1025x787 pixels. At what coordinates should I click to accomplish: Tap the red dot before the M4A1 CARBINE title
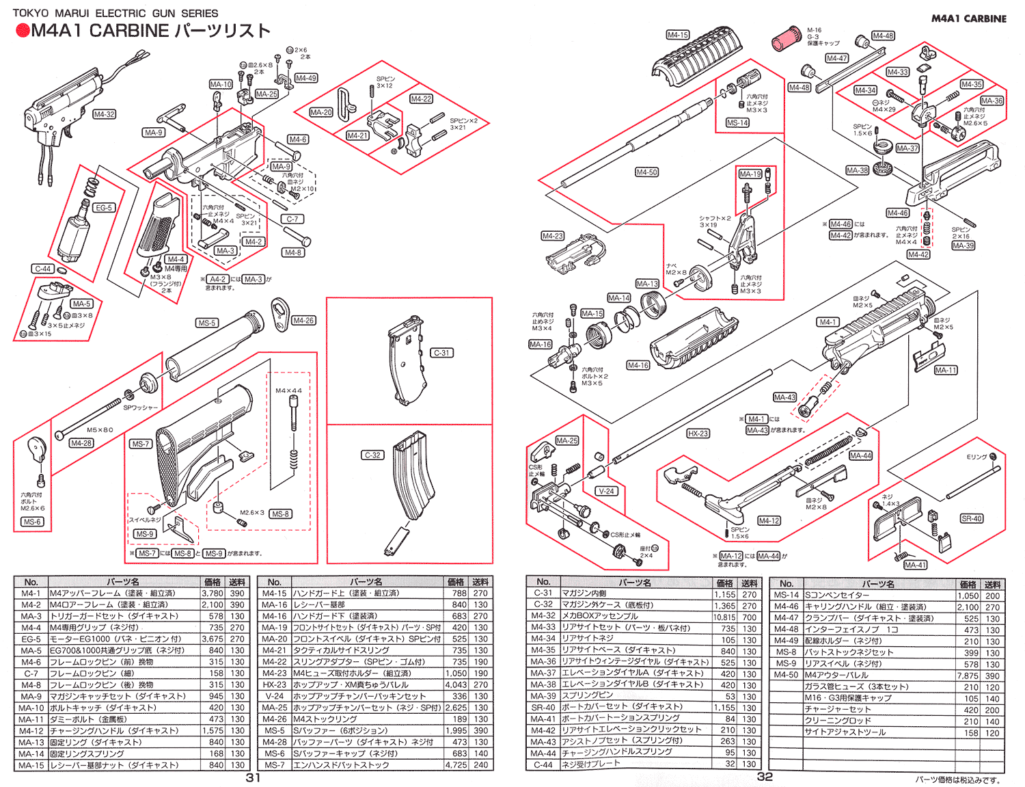(23, 31)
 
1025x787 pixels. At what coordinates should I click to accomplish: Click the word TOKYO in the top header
(31, 13)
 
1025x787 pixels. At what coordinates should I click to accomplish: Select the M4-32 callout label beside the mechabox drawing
(104, 114)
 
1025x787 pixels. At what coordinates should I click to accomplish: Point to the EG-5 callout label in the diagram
(103, 208)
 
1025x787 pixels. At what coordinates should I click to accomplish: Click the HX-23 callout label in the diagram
(698, 433)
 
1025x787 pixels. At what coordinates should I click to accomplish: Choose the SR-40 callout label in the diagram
(971, 518)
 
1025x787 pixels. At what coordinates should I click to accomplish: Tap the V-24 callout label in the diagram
(606, 491)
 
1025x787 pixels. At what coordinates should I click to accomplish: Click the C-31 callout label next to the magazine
(441, 353)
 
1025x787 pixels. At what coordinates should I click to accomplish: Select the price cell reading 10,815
(725, 617)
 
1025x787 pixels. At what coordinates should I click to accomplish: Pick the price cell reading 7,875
(968, 676)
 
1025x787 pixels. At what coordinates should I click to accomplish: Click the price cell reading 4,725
(456, 765)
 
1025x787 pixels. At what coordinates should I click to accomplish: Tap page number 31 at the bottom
(253, 777)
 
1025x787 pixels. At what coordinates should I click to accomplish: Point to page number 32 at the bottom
(765, 777)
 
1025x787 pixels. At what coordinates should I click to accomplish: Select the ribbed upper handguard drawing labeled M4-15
(697, 58)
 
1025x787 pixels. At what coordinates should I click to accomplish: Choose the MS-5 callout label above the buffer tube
(206, 323)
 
